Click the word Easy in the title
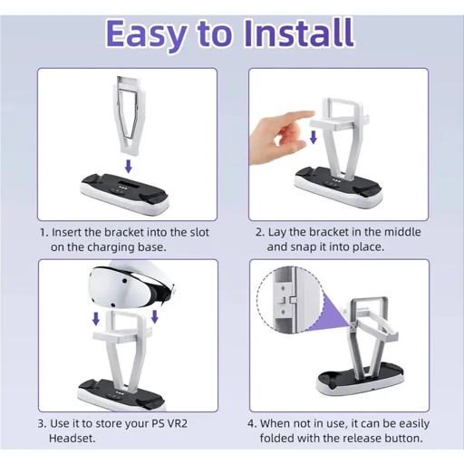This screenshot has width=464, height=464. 146,35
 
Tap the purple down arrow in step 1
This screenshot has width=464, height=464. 129,167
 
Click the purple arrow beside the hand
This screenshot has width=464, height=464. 314,138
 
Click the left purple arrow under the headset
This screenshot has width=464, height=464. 96,319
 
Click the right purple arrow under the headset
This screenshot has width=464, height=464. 155,316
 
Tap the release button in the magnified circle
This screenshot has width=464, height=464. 282,300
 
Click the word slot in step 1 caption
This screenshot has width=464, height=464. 199,232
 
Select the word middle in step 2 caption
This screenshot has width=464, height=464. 402,232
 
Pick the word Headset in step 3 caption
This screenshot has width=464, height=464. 72,438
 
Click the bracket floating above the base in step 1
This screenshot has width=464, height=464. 130,116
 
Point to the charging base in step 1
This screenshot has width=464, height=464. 124,191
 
